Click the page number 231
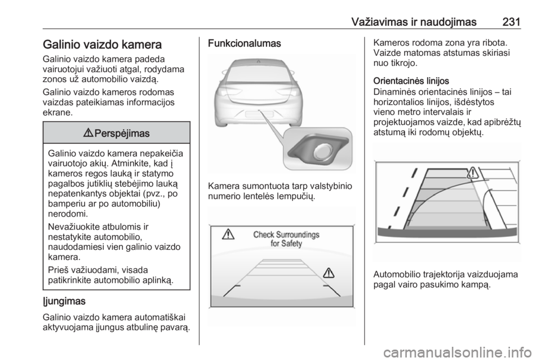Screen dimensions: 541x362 tap(511, 22)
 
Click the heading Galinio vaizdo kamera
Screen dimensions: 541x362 tap(102, 45)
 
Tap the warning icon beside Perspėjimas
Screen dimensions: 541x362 tap(88, 133)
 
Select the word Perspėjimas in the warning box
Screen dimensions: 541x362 tap(122, 134)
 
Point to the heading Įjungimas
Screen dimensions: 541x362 tap(64, 301)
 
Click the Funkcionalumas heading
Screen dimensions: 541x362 tap(245, 43)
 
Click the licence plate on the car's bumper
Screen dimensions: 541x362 tap(259, 114)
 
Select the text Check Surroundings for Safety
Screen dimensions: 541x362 tap(286, 239)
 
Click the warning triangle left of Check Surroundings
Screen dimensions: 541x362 tap(228, 235)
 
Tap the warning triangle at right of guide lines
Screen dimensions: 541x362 tap(329, 273)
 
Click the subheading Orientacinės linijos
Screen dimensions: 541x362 tap(411, 81)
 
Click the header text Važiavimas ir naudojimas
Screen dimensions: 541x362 tap(414, 22)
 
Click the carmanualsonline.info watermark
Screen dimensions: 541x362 tap(458, 353)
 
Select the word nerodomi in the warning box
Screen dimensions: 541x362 tap(68, 214)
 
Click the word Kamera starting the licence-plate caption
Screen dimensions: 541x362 tap(224, 186)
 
